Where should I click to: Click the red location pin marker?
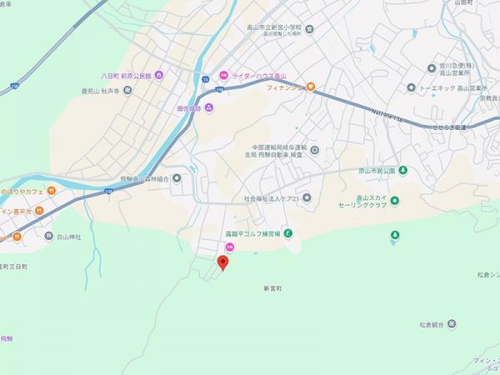pos(222,262)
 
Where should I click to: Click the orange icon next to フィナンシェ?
pos(311,86)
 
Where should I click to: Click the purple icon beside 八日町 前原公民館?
pos(159,74)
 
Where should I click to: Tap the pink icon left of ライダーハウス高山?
pos(222,75)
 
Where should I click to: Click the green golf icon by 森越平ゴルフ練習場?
pos(287,233)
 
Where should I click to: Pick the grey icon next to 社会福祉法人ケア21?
pos(307,197)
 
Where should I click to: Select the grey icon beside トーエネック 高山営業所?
pos(411,87)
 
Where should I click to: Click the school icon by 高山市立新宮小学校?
pos(309,31)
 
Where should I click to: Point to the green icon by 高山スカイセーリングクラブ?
pos(396,200)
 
